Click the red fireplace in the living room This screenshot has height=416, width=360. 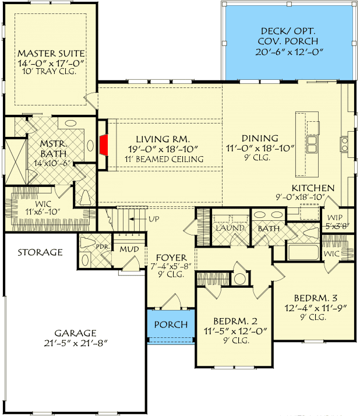click(104, 144)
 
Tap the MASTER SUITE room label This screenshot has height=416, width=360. click(51, 54)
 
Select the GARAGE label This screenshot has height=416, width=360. click(75, 333)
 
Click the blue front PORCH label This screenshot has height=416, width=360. click(171, 325)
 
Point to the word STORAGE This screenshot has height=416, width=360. click(40, 252)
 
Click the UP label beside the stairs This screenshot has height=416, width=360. click(154, 219)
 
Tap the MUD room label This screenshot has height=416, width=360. click(129, 249)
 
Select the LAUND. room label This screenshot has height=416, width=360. click(230, 228)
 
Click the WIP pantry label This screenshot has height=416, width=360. click(335, 217)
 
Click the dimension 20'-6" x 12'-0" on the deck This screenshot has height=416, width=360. click(290, 52)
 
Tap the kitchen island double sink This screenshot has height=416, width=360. click(312, 144)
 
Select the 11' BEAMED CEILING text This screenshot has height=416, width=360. click(164, 159)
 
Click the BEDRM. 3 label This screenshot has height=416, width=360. click(316, 298)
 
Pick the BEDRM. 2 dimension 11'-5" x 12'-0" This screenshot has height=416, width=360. click(235, 331)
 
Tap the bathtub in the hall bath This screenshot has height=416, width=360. click(303, 252)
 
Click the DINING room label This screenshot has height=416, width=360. click(260, 138)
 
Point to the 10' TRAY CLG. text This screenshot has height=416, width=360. click(50, 71)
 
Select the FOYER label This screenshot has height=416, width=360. click(171, 258)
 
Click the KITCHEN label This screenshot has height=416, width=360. click(313, 188)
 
